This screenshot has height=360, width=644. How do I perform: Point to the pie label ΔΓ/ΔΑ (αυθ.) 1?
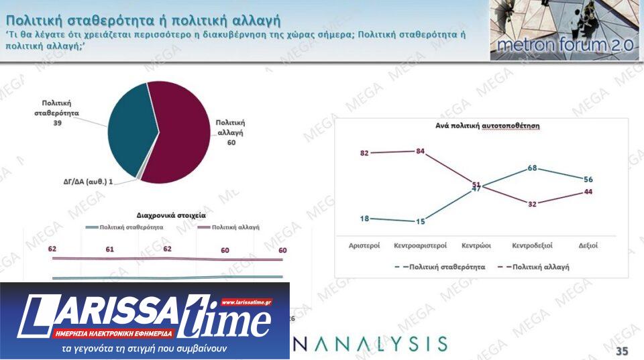point(84,182)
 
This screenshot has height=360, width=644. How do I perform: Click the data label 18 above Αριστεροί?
point(364,218)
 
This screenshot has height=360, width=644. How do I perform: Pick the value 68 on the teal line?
point(532,168)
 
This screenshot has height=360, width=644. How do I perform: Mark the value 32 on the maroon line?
point(532,204)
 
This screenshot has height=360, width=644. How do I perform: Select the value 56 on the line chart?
point(588,179)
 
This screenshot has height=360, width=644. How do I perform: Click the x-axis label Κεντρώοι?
point(476,245)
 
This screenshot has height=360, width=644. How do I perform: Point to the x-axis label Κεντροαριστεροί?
point(421,245)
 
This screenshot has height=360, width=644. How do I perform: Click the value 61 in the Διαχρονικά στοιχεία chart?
point(110,249)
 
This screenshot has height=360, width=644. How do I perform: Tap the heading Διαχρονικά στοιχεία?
point(171,215)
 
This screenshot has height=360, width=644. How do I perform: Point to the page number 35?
point(622,351)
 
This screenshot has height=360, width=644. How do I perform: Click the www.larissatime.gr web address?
point(246,302)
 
